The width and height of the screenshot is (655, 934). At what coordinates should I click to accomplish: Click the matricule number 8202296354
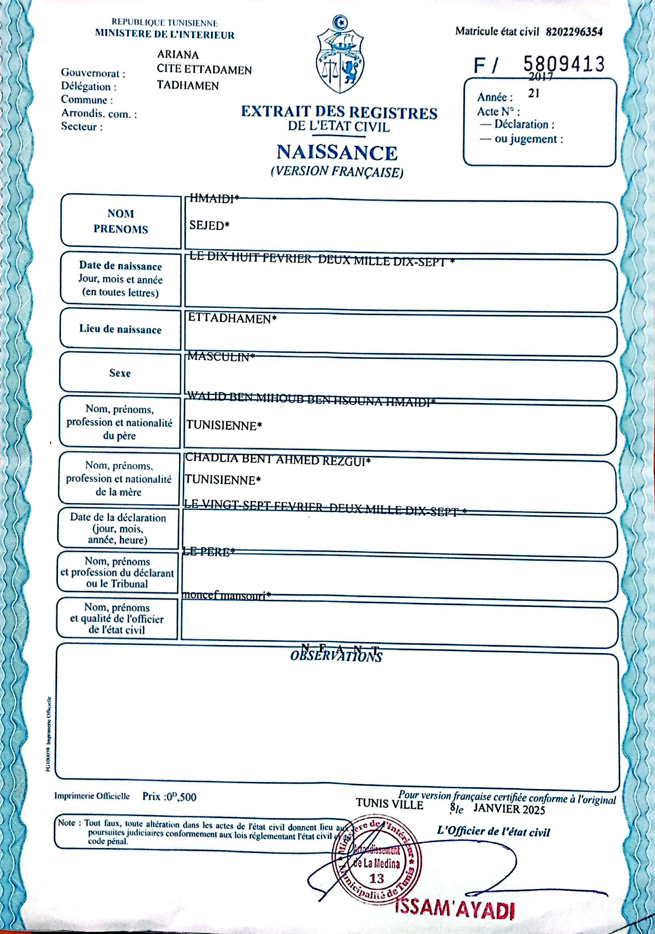click(574, 32)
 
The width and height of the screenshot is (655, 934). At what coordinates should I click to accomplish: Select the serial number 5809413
click(563, 64)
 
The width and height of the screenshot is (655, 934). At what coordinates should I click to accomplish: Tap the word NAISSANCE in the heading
click(337, 152)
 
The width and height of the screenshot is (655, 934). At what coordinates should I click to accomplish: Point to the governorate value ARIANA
click(178, 54)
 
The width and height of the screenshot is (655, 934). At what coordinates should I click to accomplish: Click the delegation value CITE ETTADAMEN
click(204, 70)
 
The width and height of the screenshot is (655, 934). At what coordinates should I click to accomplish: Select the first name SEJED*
click(209, 225)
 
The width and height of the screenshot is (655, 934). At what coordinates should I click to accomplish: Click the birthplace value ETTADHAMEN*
click(232, 318)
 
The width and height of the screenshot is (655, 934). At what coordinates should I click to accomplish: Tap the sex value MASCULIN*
click(221, 357)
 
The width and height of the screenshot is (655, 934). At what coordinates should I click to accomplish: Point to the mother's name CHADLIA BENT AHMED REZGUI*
click(278, 459)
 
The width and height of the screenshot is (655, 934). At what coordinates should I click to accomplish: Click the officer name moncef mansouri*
click(226, 595)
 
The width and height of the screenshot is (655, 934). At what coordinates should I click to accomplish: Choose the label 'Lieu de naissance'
click(120, 329)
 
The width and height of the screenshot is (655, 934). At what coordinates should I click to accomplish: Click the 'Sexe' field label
click(120, 373)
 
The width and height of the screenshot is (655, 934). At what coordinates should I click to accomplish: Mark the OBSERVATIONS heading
click(336, 657)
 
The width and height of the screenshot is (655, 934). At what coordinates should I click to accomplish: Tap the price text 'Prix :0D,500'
click(169, 797)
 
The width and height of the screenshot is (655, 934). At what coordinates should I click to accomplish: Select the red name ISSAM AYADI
click(454, 910)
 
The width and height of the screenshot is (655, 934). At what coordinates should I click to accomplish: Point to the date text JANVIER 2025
click(509, 809)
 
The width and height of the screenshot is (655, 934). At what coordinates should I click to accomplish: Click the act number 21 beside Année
click(534, 94)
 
